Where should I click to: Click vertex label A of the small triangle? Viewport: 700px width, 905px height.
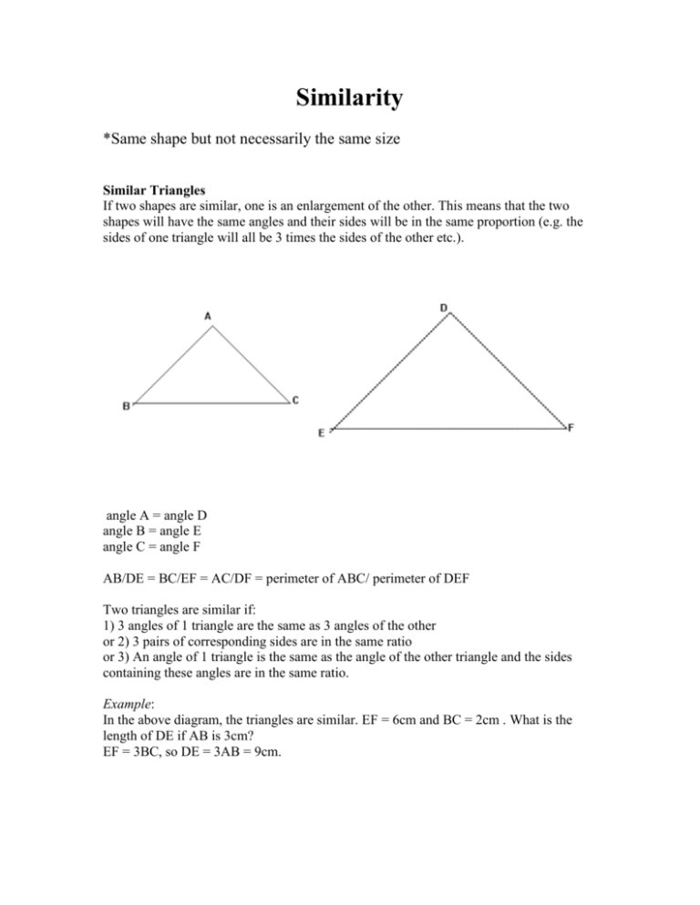tap(208, 316)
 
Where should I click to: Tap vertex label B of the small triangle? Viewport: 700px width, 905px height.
tap(126, 407)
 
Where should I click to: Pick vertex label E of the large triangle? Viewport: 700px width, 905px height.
tap(321, 434)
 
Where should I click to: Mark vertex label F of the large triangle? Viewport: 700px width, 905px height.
tap(571, 426)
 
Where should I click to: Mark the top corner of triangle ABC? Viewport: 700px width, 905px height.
tap(210, 327)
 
